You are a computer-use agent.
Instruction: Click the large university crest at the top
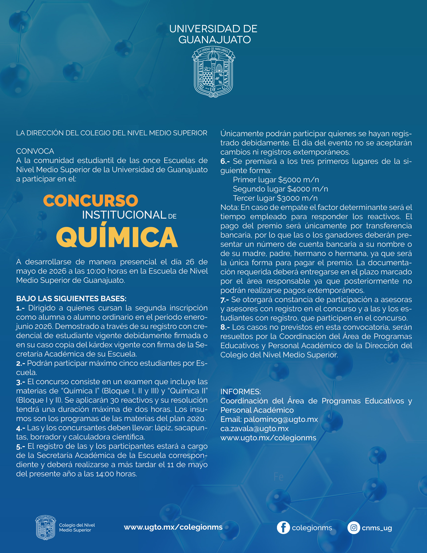tap(213, 72)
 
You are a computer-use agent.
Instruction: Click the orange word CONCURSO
tap(91, 201)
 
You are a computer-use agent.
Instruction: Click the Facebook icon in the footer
tap(283, 528)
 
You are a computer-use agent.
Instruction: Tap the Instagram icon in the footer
tap(354, 528)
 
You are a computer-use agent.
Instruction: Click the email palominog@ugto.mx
tap(281, 419)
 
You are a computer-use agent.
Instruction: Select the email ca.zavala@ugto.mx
tap(255, 428)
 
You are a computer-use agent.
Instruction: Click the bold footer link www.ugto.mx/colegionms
tap(173, 527)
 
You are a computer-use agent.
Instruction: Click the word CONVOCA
tap(35, 151)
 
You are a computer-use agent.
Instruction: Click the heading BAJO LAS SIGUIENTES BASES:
tap(71, 298)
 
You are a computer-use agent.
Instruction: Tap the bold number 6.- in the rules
tap(225, 161)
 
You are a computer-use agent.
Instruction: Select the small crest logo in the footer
tap(45, 528)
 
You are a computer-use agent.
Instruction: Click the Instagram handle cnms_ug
tap(377, 528)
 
